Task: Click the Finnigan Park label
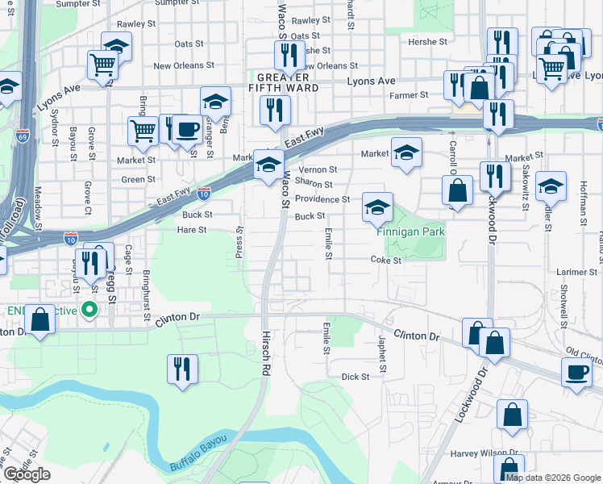tap(410, 232)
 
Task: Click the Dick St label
tap(355, 377)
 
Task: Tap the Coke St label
tap(386, 260)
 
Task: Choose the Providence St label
tap(322, 199)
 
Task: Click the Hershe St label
tap(427, 41)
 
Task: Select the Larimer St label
tap(576, 273)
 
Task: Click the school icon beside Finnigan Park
tap(376, 207)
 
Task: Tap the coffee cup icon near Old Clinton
tap(576, 372)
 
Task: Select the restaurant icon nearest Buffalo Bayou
tap(182, 369)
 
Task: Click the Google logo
tap(27, 474)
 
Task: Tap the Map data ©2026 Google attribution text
tap(553, 478)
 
